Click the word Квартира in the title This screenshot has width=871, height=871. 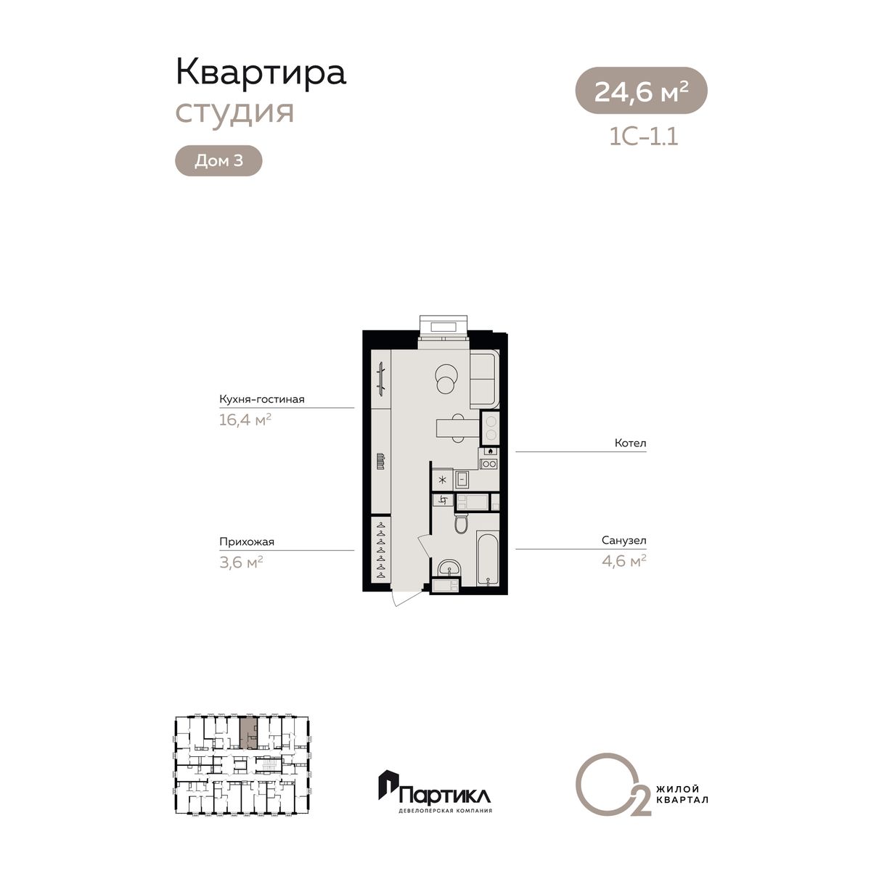pos(261,73)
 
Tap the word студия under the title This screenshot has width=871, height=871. pos(234,112)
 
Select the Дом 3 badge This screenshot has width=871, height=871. pos(218,160)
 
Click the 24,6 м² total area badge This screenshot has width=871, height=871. pos(641,91)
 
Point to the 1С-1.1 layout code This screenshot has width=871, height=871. pos(644,136)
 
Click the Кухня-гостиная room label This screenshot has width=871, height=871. pos(262,399)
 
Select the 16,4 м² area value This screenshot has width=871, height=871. pos(245,420)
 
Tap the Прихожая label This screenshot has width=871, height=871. pos(247,541)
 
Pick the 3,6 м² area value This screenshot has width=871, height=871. pos(241,563)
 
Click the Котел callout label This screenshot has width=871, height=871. pos(631,443)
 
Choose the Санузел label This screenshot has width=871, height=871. pos(623,540)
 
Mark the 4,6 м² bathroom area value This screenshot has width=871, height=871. pos(623,561)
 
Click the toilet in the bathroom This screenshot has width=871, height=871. pos(462,523)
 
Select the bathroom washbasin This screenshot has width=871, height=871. pos(449,568)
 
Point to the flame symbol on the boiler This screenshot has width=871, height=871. pos(491,451)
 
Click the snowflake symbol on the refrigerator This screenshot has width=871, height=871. pos(443,480)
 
